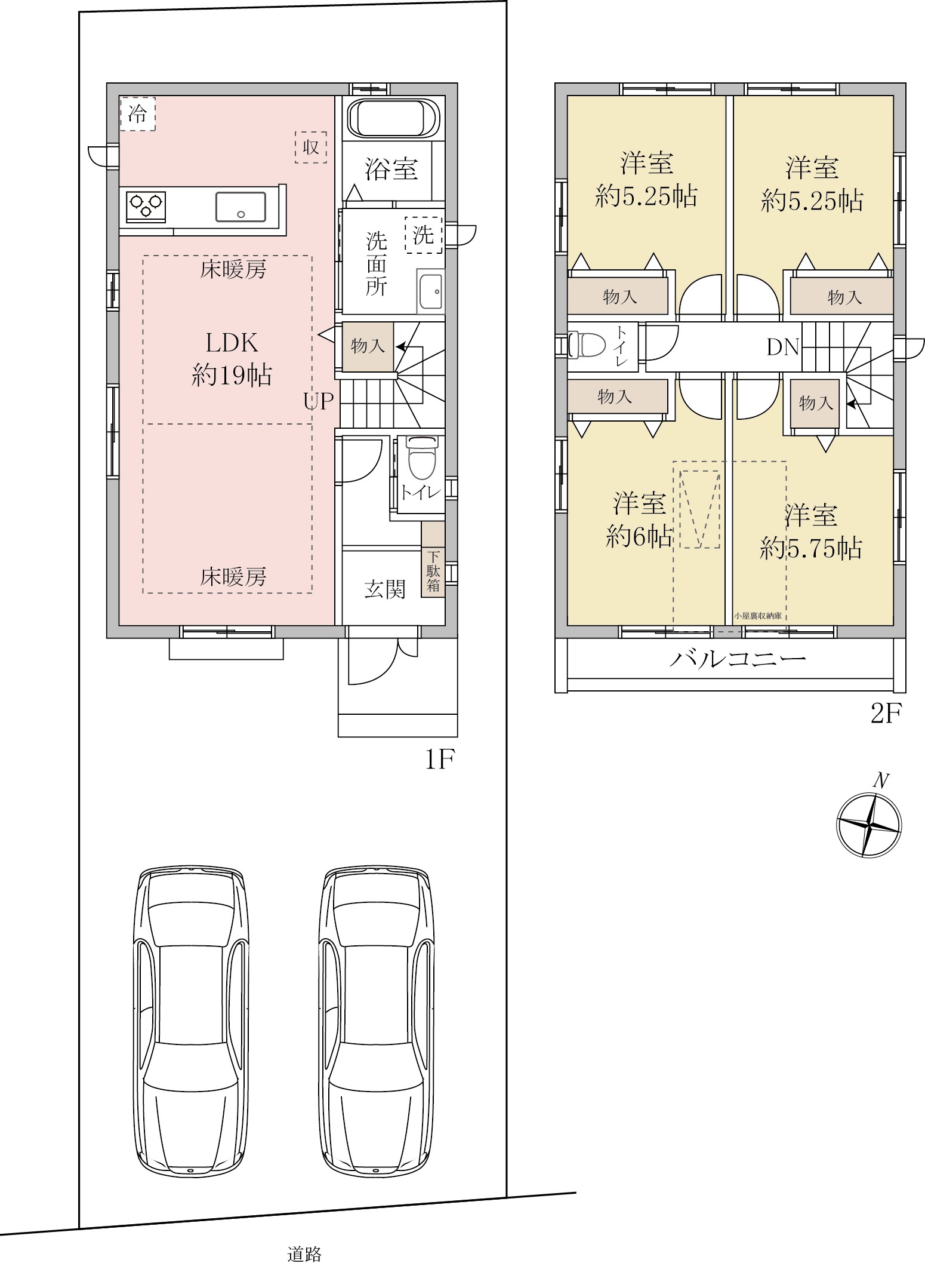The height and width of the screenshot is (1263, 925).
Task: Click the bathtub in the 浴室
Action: tap(394, 118)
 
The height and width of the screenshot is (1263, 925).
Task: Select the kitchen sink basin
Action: tap(240, 207)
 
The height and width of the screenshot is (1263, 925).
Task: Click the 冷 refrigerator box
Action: tap(138, 113)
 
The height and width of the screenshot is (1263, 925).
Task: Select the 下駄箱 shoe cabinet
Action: tap(433, 559)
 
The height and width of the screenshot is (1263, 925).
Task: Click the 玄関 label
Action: tap(385, 589)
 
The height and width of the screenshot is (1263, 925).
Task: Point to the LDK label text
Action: tap(232, 343)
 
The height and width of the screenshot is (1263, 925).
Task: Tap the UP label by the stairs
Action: tap(319, 401)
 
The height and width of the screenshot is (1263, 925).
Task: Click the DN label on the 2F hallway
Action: tap(783, 347)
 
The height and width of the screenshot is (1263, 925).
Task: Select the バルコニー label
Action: tap(738, 659)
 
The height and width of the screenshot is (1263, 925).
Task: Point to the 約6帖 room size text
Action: tap(640, 537)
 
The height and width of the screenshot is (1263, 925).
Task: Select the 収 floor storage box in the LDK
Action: tap(311, 147)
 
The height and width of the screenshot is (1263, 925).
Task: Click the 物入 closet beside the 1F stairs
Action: tap(368, 346)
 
